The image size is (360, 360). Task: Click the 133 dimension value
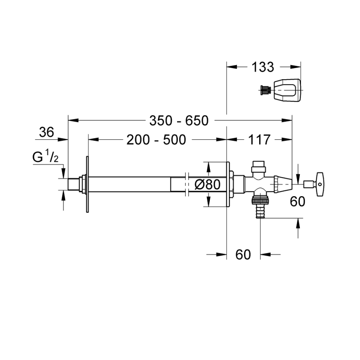[x=263, y=67]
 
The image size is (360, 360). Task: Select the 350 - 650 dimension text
[x=179, y=121]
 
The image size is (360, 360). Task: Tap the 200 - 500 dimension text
[x=156, y=140]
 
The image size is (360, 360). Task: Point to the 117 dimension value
[x=260, y=140]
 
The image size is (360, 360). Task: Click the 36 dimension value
[x=46, y=132]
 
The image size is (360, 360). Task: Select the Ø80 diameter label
[x=207, y=184]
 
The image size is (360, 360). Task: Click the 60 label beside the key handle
[x=297, y=202]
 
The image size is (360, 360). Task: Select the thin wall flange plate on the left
[x=87, y=184]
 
